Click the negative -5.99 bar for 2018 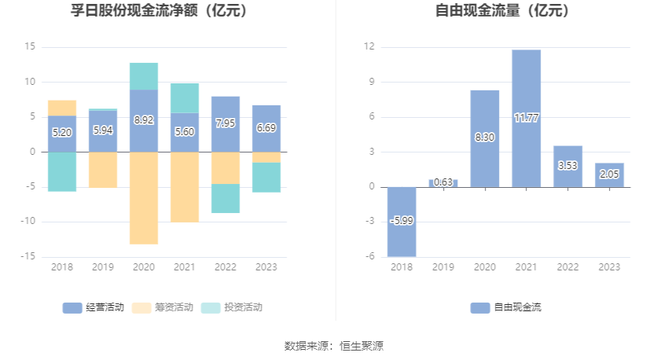[402, 222]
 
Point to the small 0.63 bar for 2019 [443, 183]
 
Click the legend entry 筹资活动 [163, 307]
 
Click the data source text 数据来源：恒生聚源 [334, 346]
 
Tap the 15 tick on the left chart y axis [31, 47]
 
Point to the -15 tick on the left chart [28, 256]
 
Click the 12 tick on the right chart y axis [369, 47]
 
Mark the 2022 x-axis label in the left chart [226, 267]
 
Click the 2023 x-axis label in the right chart [609, 267]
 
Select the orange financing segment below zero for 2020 [144, 198]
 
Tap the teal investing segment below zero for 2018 [62, 171]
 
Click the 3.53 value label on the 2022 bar [567, 166]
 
